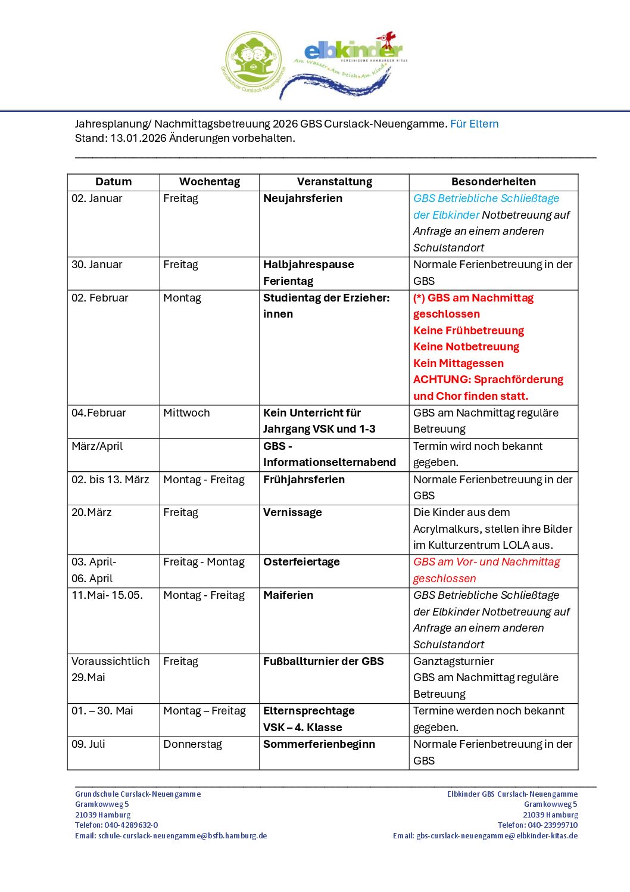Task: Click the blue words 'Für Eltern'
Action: (474, 124)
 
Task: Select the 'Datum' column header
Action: (113, 182)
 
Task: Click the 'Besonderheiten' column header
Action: (493, 182)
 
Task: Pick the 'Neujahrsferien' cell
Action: (302, 198)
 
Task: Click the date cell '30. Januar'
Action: (96, 265)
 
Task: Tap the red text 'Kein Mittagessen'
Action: (458, 363)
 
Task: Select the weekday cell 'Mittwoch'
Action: (186, 413)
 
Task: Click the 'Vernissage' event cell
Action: (292, 512)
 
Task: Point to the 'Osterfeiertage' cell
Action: (301, 562)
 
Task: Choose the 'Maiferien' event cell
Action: (288, 595)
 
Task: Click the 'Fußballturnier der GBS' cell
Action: (323, 661)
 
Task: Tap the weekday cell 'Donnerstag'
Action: (192, 744)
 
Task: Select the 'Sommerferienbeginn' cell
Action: (319, 744)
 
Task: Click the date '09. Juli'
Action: (88, 744)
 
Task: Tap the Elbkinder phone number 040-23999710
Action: (553, 825)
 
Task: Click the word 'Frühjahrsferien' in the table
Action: (304, 480)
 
